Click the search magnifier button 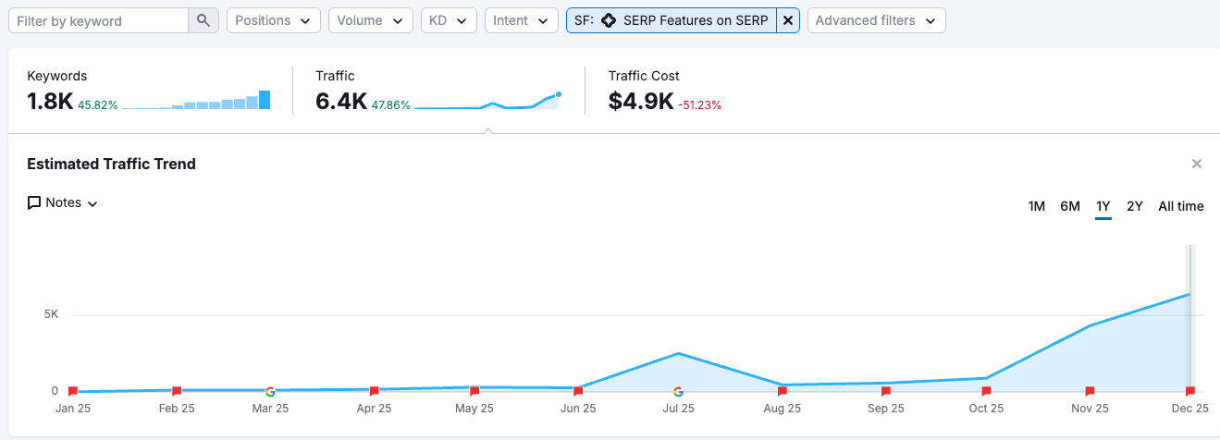[x=203, y=20]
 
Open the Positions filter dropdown [x=273, y=20]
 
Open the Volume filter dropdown [x=370, y=20]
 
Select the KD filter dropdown [x=449, y=20]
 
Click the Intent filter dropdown [x=521, y=20]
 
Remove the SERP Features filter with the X [x=788, y=20]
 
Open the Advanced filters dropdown [x=876, y=20]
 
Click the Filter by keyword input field [x=97, y=20]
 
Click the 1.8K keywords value [x=50, y=102]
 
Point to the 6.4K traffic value [x=341, y=102]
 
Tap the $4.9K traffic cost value [x=641, y=102]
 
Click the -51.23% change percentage [x=699, y=105]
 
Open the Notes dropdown [x=63, y=202]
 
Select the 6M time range [x=1070, y=206]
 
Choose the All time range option [x=1181, y=206]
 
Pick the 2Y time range [x=1135, y=206]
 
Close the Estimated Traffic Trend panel [x=1197, y=164]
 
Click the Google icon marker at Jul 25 [x=678, y=391]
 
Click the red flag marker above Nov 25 [x=1090, y=391]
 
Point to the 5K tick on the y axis [x=51, y=314]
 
